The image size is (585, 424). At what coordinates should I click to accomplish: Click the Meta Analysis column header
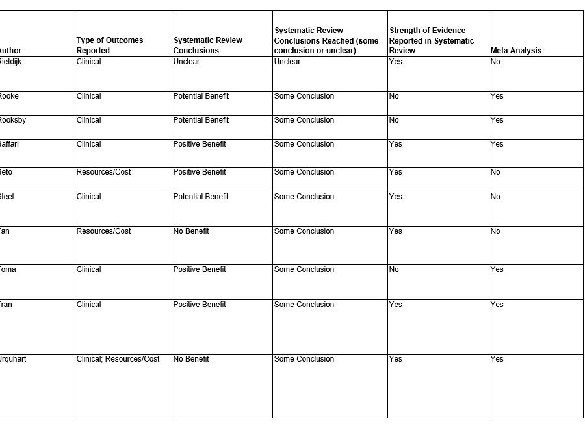click(x=515, y=51)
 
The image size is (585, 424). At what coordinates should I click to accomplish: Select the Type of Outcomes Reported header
click(x=109, y=45)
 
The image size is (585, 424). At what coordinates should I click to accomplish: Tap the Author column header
click(x=10, y=51)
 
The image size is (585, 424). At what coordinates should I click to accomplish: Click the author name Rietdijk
click(x=13, y=62)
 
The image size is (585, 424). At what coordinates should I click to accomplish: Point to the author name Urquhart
click(x=13, y=359)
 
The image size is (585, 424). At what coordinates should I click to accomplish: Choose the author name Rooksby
click(x=13, y=120)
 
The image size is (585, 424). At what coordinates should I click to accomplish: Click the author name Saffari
click(x=10, y=144)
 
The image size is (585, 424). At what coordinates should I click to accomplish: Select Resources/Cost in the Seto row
click(x=103, y=172)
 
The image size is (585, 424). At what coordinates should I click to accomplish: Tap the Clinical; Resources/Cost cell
click(x=118, y=359)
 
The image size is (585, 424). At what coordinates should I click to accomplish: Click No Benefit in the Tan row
click(x=191, y=231)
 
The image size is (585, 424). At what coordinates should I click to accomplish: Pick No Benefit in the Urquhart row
click(x=191, y=359)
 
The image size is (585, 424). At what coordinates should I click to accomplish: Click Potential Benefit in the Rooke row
click(x=201, y=96)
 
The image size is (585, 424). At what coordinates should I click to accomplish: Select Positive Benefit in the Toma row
click(x=200, y=269)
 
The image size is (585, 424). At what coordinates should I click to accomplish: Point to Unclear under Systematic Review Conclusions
click(x=187, y=62)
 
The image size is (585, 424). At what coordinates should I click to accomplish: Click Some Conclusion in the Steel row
click(x=304, y=197)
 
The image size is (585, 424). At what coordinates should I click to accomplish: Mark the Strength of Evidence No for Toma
click(x=394, y=269)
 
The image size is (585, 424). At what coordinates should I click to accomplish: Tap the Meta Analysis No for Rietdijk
click(x=495, y=62)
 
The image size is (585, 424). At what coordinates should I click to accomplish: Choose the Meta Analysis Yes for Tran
click(x=497, y=305)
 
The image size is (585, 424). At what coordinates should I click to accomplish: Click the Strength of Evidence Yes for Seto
click(x=395, y=172)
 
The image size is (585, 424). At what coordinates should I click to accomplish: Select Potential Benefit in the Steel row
click(x=201, y=197)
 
